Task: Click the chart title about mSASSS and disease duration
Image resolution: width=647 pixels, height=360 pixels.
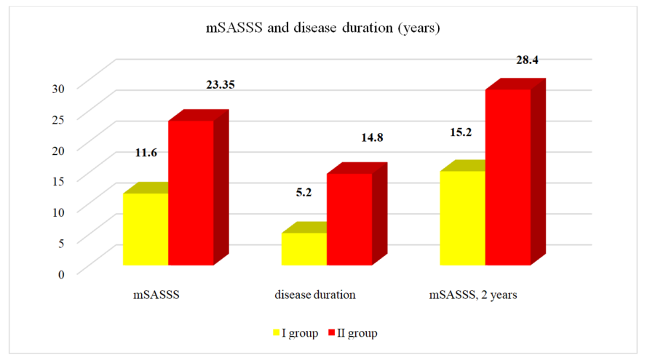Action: (x=323, y=29)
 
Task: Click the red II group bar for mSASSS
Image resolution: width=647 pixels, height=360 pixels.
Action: (x=191, y=192)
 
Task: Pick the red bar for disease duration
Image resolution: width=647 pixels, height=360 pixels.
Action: (x=349, y=218)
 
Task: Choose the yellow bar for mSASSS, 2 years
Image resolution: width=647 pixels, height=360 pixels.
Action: (x=462, y=217)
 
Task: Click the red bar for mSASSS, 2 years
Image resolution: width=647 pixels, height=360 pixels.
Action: (x=507, y=176)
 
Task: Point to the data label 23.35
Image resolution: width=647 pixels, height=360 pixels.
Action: (x=221, y=84)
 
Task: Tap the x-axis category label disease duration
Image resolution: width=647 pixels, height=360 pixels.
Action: (x=315, y=295)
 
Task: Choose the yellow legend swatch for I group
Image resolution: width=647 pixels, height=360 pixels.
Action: (x=277, y=333)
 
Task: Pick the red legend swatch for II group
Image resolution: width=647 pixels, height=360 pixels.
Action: (x=333, y=333)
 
